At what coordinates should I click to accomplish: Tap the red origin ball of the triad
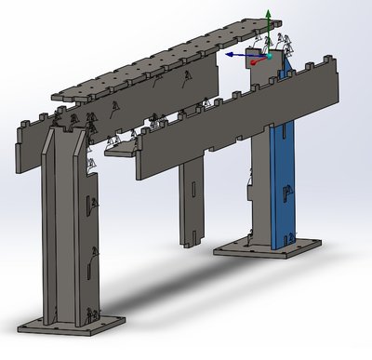pyautogui.click(x=264, y=54)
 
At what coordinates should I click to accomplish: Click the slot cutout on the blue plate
pyautogui.click(x=286, y=193)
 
